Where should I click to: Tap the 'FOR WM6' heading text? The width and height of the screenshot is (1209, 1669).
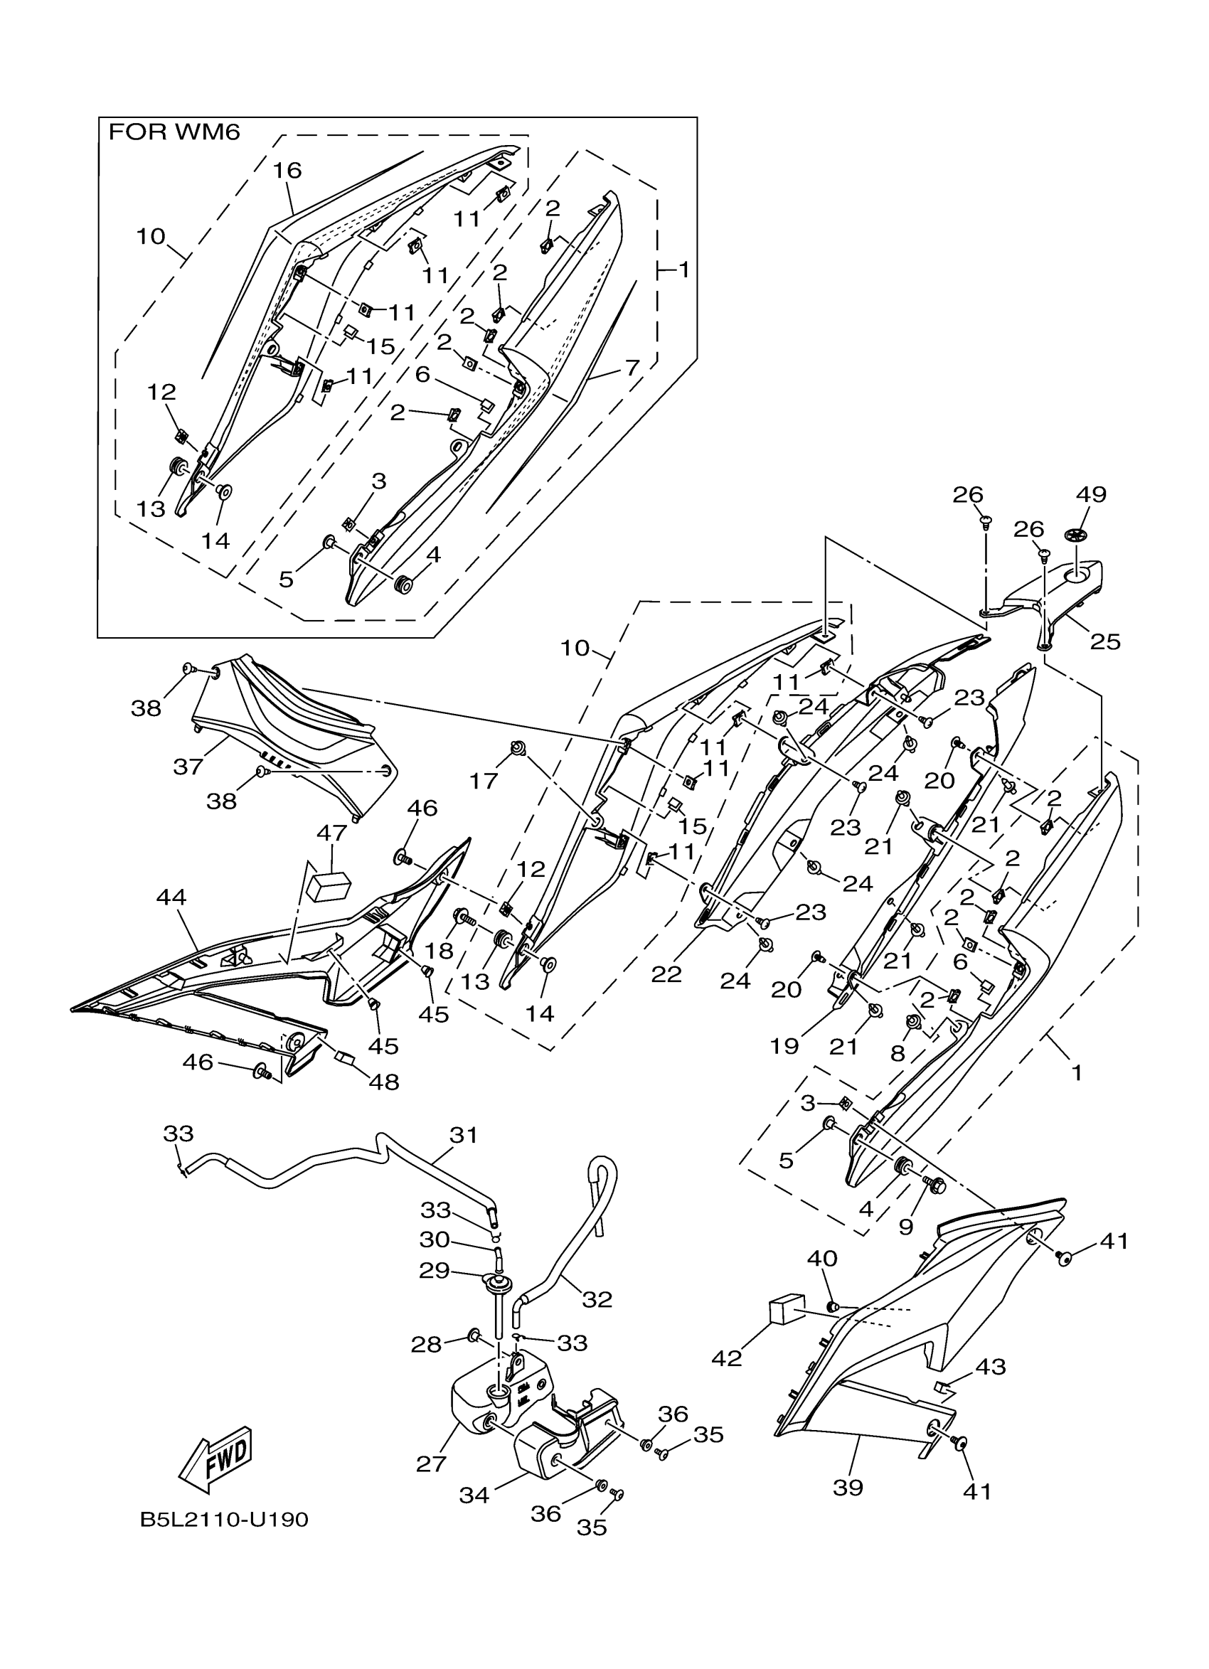pos(174,133)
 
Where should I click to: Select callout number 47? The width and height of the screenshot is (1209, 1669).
pos(332,833)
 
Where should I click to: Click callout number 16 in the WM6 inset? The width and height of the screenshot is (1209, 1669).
pos(288,171)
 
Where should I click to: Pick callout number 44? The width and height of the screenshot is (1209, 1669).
pos(171,897)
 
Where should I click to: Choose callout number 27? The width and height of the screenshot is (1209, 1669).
pos(431,1463)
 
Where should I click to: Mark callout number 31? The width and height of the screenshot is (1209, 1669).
pos(464,1135)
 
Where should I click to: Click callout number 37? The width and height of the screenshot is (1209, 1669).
pos(188,767)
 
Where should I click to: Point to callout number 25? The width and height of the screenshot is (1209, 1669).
pos(1104,641)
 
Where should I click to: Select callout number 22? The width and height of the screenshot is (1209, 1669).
pos(666,974)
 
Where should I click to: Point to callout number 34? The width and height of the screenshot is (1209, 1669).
pos(474,1495)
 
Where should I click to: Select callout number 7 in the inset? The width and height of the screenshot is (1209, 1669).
pos(633,366)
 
